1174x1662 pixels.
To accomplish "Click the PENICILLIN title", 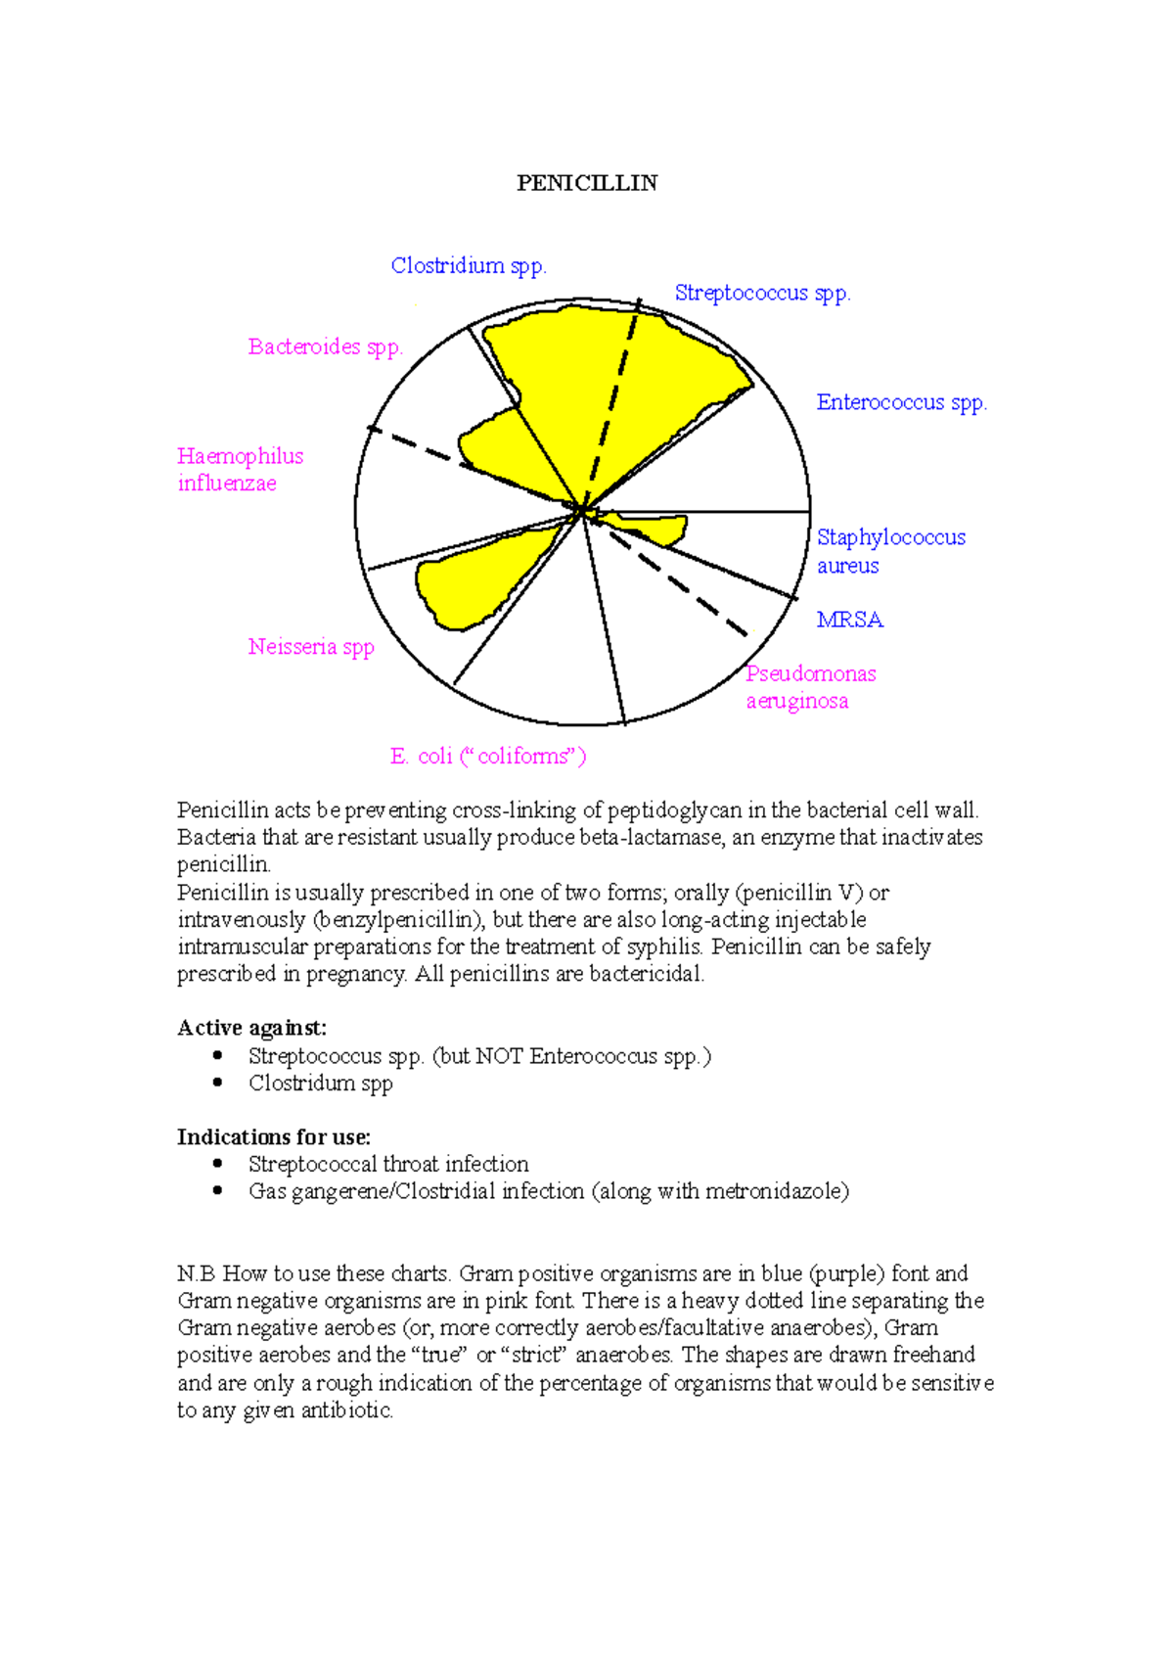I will point(587,183).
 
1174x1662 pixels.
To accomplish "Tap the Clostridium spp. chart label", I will point(469,265).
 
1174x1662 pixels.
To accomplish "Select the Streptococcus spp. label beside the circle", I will point(762,293).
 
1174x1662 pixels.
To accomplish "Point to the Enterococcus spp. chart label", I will point(901,402).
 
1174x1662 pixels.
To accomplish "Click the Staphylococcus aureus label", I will point(889,551).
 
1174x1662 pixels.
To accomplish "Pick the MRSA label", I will point(849,620).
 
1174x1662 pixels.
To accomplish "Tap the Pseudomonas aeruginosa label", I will point(809,687).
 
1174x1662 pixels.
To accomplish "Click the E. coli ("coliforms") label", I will point(487,756).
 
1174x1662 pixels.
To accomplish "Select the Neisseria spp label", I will point(311,647).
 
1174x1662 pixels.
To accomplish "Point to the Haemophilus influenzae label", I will point(240,470).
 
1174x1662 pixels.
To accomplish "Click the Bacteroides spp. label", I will point(325,346).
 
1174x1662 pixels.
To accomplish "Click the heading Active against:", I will point(251,1028).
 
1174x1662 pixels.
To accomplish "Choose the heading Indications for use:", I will point(273,1137).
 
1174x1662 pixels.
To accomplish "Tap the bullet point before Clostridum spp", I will point(217,1083).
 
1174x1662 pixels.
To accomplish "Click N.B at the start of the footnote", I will point(196,1273).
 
